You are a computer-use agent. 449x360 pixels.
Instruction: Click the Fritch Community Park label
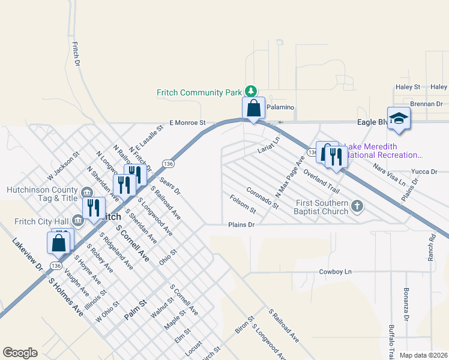[199, 92]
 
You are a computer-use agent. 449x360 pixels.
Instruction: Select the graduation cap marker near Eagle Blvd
[398, 118]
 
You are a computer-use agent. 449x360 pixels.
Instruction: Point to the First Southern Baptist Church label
[321, 207]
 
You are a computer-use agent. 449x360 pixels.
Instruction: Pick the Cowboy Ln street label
[335, 272]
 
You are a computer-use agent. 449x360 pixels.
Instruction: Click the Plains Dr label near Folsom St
[241, 225]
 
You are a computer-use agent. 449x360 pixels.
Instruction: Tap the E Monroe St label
[187, 122]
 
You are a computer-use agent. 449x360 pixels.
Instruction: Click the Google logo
[20, 353]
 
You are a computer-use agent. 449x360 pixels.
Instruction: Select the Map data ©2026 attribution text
[423, 355]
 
